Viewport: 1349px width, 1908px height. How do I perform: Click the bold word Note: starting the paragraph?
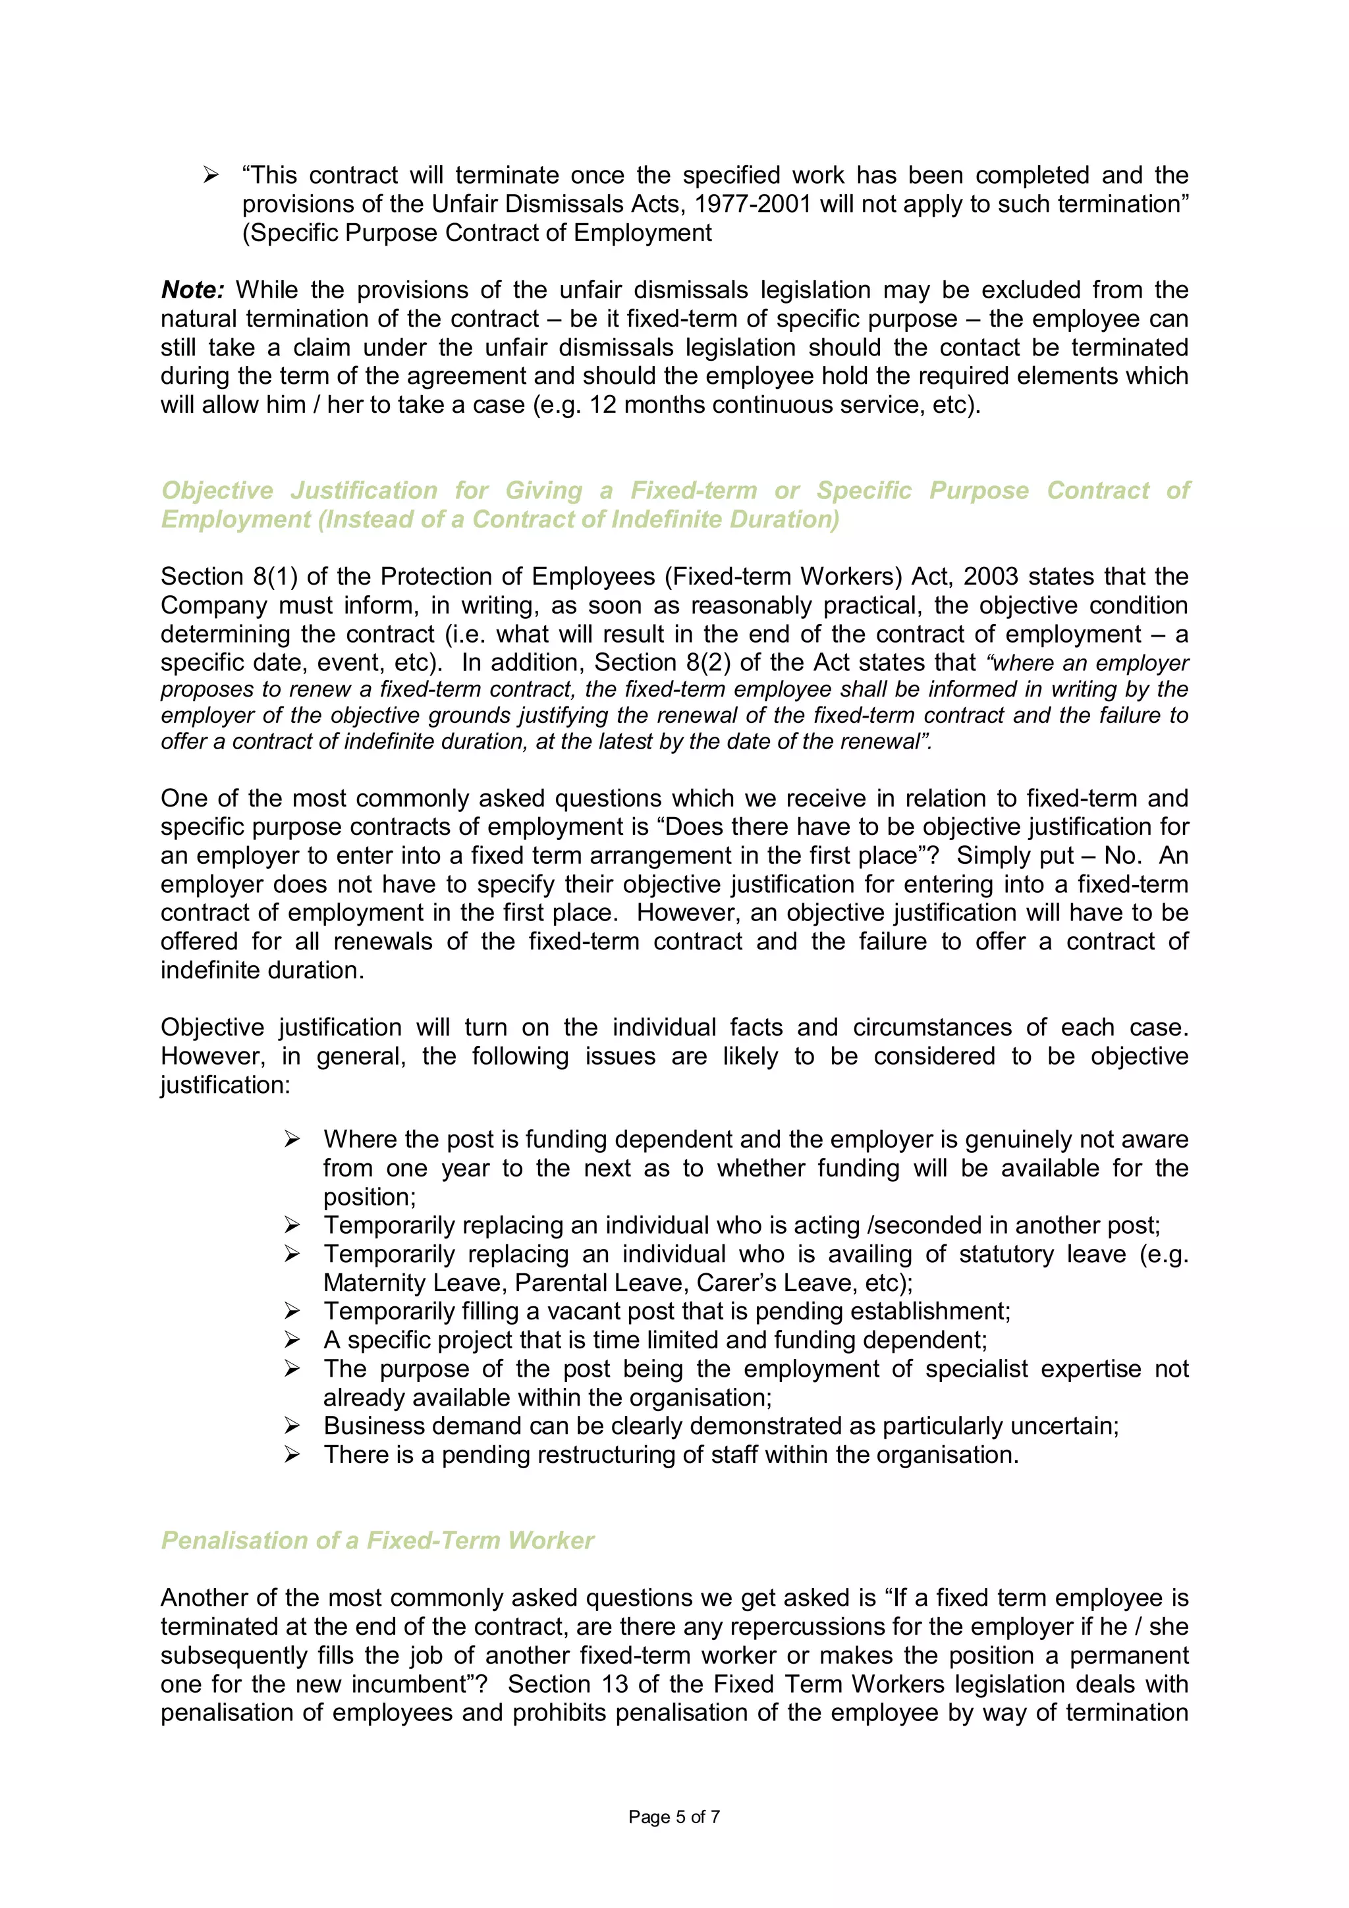[192, 290]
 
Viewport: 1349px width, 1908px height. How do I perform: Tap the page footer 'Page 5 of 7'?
[674, 1816]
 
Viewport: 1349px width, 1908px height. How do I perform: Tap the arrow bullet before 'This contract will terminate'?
[211, 175]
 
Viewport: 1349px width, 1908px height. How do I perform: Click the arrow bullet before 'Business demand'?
[292, 1426]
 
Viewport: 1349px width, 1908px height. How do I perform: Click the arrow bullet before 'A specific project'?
[292, 1340]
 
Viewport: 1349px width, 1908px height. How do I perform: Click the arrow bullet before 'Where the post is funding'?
[292, 1139]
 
